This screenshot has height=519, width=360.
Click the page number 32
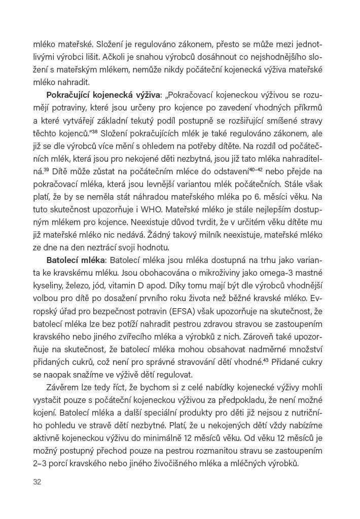pos(37,481)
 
